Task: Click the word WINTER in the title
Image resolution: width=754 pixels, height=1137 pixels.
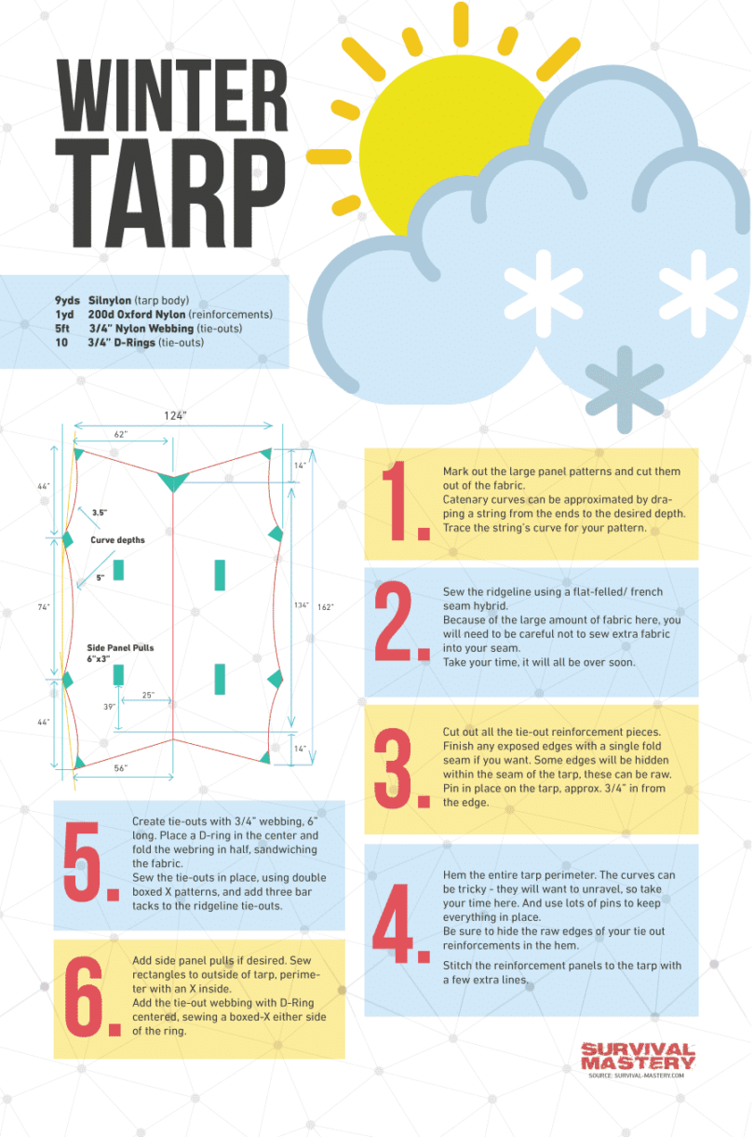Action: click(x=172, y=95)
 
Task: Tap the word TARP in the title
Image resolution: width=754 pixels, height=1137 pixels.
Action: click(x=170, y=193)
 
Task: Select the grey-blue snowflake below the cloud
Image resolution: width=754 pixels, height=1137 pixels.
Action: click(x=625, y=389)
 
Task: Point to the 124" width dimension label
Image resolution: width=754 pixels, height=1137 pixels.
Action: click(x=175, y=415)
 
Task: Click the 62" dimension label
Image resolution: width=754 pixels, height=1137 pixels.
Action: click(x=121, y=434)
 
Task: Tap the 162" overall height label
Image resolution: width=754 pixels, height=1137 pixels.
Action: click(x=325, y=607)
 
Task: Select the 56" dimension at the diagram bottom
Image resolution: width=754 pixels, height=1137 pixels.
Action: click(x=120, y=768)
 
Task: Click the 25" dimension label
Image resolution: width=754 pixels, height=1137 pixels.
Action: click(x=148, y=695)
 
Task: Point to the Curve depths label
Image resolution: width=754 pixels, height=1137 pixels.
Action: click(x=117, y=540)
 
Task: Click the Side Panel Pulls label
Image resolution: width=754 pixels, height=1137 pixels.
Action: click(x=120, y=648)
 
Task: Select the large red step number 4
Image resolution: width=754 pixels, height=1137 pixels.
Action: click(x=401, y=924)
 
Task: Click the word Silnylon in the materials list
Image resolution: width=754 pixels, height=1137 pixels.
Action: click(x=110, y=301)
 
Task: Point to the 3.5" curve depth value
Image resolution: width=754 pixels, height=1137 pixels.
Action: click(x=100, y=513)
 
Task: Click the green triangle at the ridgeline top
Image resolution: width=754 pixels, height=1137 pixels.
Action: click(x=173, y=481)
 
